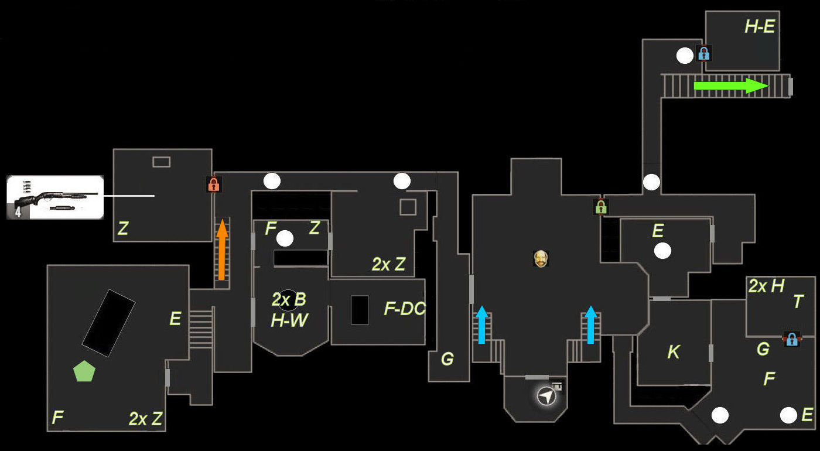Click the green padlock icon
pos(600,206)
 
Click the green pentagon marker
pos(84,371)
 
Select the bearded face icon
pos(541,258)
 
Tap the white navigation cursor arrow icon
pos(546,397)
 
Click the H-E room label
pos(760,26)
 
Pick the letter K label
pos(674,352)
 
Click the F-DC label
pos(405,309)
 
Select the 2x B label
pos(289,300)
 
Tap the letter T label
pos(798,301)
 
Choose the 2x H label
pos(766,286)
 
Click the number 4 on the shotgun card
pos(18,211)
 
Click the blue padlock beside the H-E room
pos(703,54)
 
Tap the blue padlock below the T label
pos(791,339)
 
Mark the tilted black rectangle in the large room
pos(108,323)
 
